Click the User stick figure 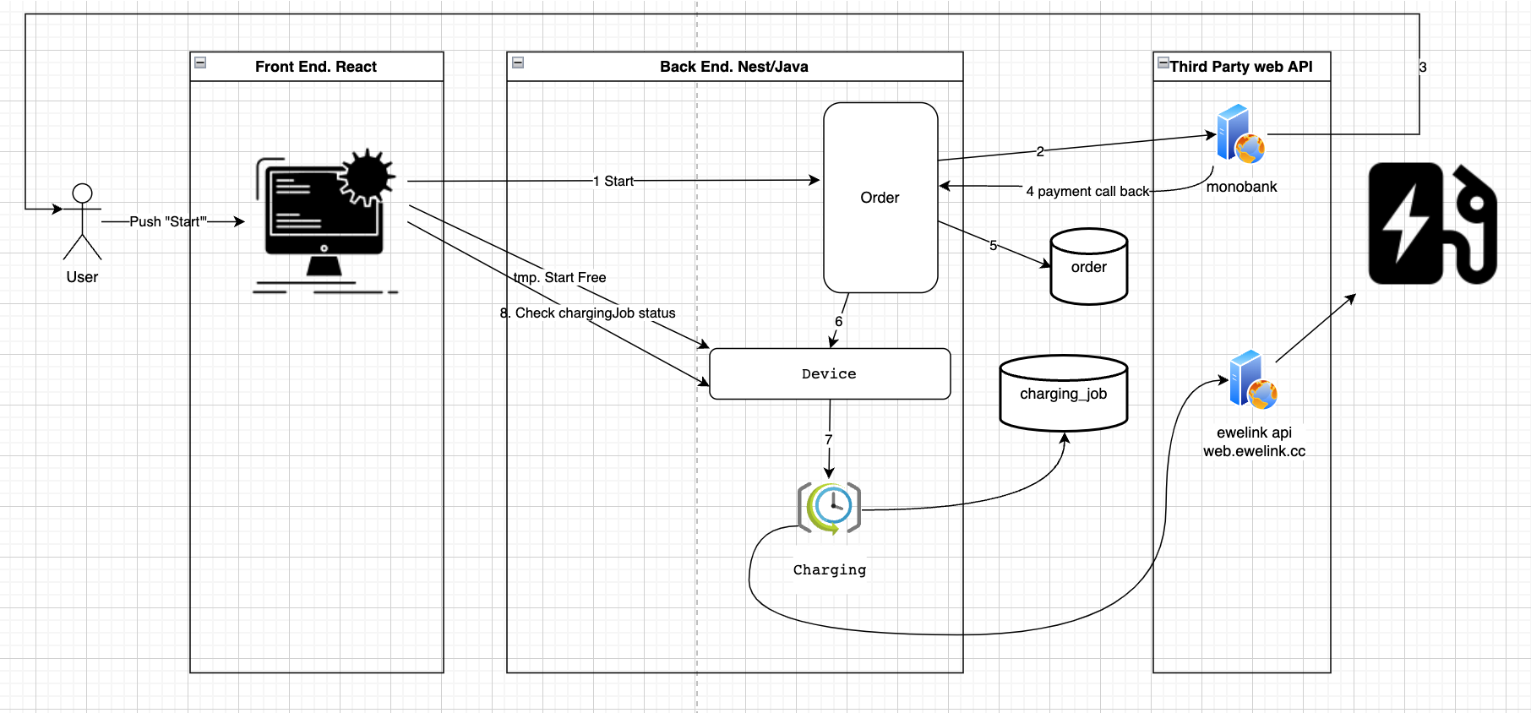point(82,221)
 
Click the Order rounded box point(880,198)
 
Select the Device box point(829,373)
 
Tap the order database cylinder point(1088,267)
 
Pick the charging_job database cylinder point(1063,394)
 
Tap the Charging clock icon point(829,508)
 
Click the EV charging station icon point(1431,223)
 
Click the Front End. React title point(316,67)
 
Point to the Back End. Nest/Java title point(733,67)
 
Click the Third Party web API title point(1241,67)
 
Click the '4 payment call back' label point(1087,191)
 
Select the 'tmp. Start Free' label point(559,277)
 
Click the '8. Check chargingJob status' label point(588,313)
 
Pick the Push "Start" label point(167,221)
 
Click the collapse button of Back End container point(518,63)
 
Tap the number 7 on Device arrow point(829,439)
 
